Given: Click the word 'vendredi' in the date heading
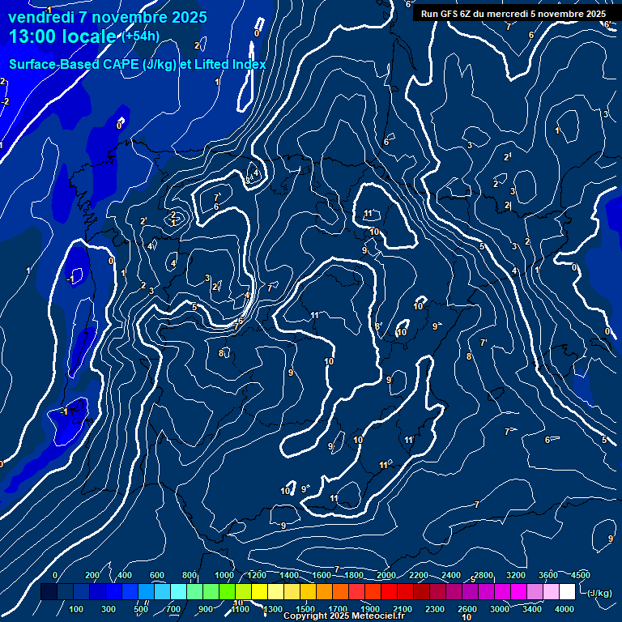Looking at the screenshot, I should pyautogui.click(x=36, y=17).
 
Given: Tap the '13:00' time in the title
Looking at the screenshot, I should pyautogui.click(x=32, y=36).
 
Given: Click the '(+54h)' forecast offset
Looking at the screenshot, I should pyautogui.click(x=140, y=36).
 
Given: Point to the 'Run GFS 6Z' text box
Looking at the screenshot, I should pyautogui.click(x=513, y=14).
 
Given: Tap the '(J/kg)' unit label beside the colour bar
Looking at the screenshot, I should pyautogui.click(x=599, y=593).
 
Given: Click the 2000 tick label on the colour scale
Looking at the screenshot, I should pyautogui.click(x=386, y=575).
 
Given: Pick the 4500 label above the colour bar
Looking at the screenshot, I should pyautogui.click(x=581, y=575).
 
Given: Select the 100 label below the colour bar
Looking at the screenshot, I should pyautogui.click(x=76, y=609).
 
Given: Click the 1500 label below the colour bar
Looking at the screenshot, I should pyautogui.click(x=305, y=609).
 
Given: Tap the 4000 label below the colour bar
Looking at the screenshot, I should pyautogui.click(x=564, y=609).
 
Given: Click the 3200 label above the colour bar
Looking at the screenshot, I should pyautogui.click(x=516, y=575).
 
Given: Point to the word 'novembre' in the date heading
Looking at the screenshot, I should pyautogui.click(x=122, y=17).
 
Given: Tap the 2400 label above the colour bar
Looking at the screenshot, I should pyautogui.click(x=451, y=575).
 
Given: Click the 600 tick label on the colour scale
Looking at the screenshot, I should pyautogui.click(x=157, y=575).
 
